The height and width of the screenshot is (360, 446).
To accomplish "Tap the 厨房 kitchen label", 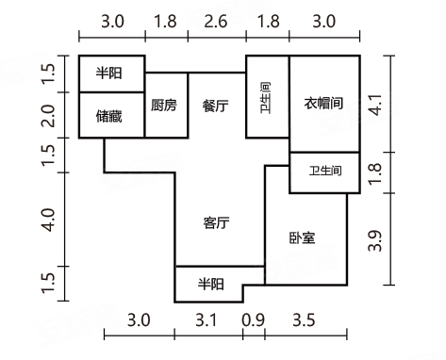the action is [x=164, y=106].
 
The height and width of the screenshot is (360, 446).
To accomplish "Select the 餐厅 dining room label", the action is [x=216, y=106].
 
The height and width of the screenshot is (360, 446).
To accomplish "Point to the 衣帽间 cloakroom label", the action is [x=323, y=103].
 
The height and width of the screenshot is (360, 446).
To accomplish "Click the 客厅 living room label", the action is [x=217, y=223].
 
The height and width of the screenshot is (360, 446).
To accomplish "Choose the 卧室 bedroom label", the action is [x=303, y=238].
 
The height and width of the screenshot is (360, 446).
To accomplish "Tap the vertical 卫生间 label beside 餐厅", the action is [x=267, y=97].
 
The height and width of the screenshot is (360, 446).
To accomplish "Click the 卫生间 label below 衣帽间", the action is [x=325, y=171].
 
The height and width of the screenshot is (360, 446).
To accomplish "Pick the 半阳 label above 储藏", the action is [x=110, y=73].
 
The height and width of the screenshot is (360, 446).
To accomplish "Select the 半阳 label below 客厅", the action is [x=209, y=283].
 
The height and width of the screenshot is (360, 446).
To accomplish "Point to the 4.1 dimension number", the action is [x=376, y=104].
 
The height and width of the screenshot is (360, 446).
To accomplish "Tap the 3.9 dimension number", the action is [x=376, y=240].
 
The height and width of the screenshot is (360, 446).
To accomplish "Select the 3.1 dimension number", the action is [x=208, y=320].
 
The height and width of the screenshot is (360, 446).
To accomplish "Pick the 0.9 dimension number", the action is [x=253, y=320].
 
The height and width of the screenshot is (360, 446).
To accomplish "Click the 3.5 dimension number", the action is [x=303, y=320].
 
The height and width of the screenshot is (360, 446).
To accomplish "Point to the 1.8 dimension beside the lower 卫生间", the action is [x=376, y=172].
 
